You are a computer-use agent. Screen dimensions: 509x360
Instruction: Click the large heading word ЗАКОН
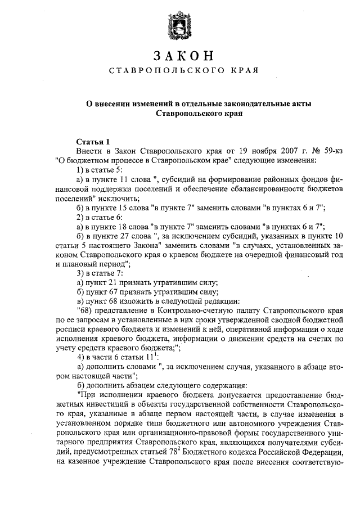click(183, 56)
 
